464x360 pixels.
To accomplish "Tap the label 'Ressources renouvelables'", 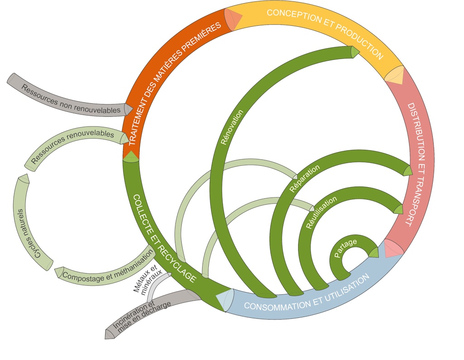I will (x=73, y=146).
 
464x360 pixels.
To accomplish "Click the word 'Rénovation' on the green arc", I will (x=232, y=127).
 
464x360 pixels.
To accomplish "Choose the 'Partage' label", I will (x=345, y=248).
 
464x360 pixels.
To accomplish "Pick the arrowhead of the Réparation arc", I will (x=408, y=171).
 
